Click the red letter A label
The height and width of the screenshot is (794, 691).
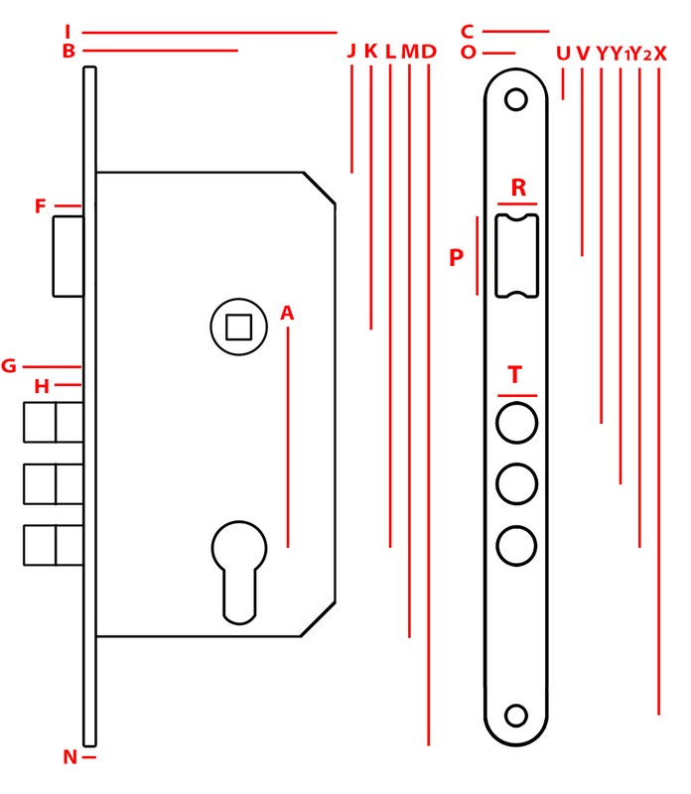287,313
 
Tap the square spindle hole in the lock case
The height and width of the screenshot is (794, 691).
238,328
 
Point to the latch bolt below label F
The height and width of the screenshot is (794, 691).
69,256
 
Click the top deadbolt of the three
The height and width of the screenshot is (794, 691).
54,423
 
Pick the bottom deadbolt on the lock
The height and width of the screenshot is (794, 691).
54,545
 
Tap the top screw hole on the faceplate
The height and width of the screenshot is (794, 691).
515,99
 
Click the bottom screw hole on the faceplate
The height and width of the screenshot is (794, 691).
515,716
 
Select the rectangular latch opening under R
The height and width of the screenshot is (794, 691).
516,256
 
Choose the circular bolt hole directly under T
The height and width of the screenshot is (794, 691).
516,423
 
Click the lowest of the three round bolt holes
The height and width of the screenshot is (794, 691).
516,545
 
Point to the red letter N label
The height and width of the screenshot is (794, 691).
69,757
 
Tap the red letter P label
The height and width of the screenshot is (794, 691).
456,257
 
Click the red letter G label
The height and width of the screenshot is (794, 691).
9,365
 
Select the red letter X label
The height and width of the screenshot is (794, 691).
660,54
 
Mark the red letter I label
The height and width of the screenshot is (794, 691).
68,32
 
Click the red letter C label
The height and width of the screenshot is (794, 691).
467,32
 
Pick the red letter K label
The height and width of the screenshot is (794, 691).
371,51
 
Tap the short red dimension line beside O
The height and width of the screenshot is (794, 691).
499,53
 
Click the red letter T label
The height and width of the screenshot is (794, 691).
514,375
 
